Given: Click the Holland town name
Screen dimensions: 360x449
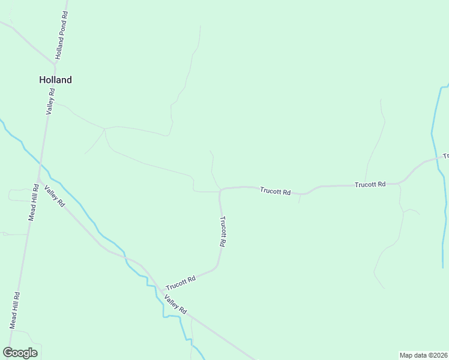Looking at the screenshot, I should (x=55, y=80).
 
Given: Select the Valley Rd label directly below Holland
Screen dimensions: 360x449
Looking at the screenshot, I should (x=52, y=101).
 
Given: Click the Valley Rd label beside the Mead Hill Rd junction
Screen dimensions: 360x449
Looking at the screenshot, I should (x=54, y=196).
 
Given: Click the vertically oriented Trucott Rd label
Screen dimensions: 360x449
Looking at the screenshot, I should (x=223, y=232).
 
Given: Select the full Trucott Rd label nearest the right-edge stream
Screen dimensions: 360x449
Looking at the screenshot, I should (x=370, y=184).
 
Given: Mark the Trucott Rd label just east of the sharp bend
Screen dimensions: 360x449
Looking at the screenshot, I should (x=275, y=191).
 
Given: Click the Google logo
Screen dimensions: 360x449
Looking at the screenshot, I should (x=20, y=353).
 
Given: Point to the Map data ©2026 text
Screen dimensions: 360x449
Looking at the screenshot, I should (x=423, y=355).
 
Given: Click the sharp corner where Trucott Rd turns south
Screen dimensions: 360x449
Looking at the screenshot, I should (x=221, y=190).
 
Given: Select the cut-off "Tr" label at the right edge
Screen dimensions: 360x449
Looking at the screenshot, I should (x=445, y=156).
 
